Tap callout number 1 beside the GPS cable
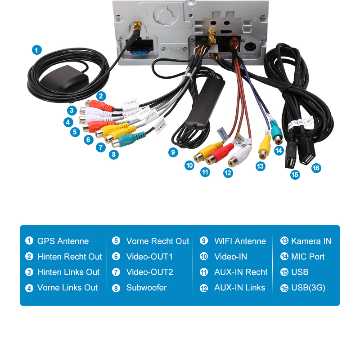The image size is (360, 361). pyautogui.click(x=37, y=50)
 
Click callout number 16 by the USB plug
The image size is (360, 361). pyautogui.click(x=316, y=168)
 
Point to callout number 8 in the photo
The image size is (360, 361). pyautogui.click(x=114, y=154)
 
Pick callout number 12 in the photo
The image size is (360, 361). pyautogui.click(x=228, y=172)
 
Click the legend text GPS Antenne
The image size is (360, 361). pyautogui.click(x=63, y=241)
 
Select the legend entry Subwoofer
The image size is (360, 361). pyautogui.click(x=146, y=288)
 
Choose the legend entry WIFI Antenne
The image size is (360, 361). pyautogui.click(x=240, y=241)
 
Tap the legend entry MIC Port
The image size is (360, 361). pyautogui.click(x=308, y=257)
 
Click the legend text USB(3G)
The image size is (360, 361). pyautogui.click(x=308, y=288)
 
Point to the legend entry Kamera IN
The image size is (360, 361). pyautogui.click(x=311, y=241)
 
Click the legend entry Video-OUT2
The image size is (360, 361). pyautogui.click(x=149, y=272)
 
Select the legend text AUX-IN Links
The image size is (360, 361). pyautogui.click(x=239, y=288)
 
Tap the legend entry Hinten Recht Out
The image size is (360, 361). pyautogui.click(x=69, y=257)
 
